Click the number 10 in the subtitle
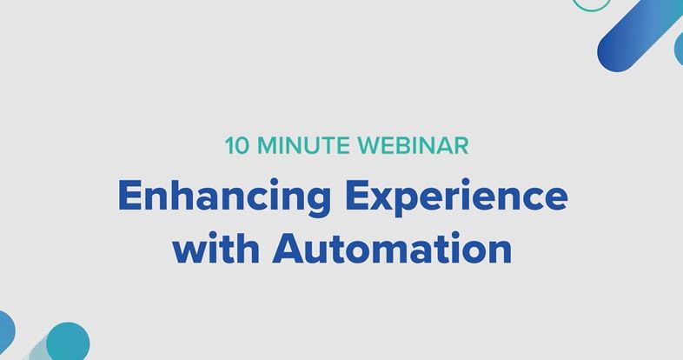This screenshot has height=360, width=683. (x=237, y=145)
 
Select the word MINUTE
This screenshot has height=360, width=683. (x=303, y=145)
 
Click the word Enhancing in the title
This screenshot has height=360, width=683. (x=224, y=197)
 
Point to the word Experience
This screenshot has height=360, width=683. (x=456, y=197)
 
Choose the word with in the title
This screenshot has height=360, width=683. (x=216, y=248)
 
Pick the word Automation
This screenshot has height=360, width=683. (x=392, y=248)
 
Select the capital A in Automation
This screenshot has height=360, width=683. (x=288, y=249)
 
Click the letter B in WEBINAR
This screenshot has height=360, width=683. (x=401, y=145)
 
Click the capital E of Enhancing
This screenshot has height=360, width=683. (x=129, y=197)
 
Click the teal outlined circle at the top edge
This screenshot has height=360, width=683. (x=592, y=10)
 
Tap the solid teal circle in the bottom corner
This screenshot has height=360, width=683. (x=68, y=342)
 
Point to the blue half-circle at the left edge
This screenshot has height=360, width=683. (x=7, y=331)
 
